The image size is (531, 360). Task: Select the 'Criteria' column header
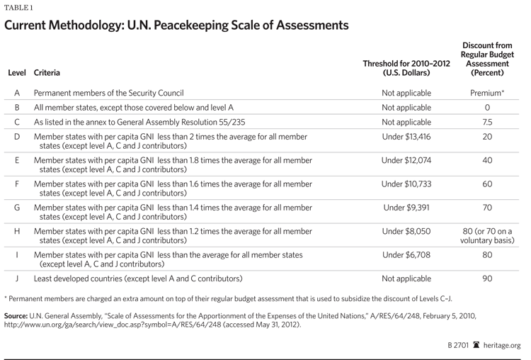(x=47, y=72)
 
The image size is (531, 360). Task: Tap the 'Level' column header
(x=17, y=72)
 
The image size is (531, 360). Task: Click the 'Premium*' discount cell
(x=487, y=93)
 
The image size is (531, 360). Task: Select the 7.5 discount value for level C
(x=487, y=122)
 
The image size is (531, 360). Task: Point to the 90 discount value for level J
(x=487, y=279)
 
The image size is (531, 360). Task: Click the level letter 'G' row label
(x=17, y=208)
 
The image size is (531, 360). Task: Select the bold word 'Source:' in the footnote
(x=17, y=317)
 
